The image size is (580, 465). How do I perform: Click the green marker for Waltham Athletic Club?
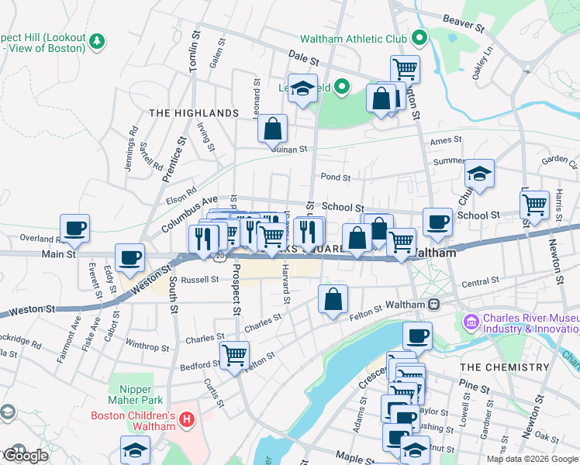tap(419, 38)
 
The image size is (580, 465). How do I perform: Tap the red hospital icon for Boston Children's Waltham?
tap(186, 421)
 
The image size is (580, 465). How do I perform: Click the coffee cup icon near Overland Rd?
tap(75, 229)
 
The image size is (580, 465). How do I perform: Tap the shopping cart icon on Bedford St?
tap(234, 355)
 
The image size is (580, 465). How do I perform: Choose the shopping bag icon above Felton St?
tap(333, 299)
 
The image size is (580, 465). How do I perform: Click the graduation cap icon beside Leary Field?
tap(302, 88)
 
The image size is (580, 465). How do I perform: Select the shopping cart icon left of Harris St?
tap(534, 205)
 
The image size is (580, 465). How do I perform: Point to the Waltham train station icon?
tap(434, 305)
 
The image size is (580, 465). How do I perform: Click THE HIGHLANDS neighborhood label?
tap(194, 113)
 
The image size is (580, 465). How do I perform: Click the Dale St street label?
tap(303, 58)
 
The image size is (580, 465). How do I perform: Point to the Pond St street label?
tap(336, 177)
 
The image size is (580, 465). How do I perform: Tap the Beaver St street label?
tap(463, 23)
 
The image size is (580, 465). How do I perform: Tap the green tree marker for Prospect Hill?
tap(97, 40)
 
